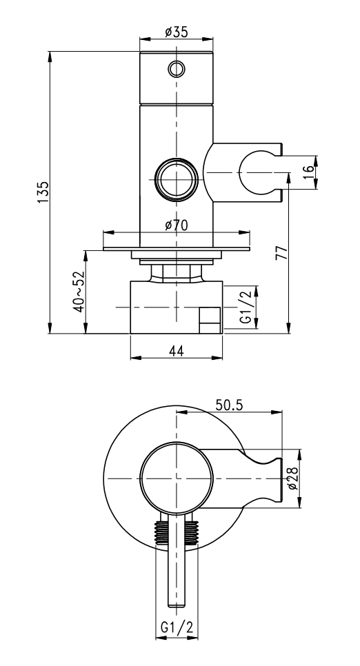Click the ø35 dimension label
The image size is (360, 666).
coord(177,32)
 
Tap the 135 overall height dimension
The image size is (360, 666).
coord(43,192)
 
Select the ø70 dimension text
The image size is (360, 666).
coord(177,225)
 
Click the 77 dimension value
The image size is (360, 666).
coord(282,252)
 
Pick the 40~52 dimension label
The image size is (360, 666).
coord(79,292)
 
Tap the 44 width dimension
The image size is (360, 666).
coord(177,351)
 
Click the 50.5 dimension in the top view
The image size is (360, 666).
coord(229,405)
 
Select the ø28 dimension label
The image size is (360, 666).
coord(293,478)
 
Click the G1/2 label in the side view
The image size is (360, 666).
coord(248,307)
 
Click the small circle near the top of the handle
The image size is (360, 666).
coord(177,69)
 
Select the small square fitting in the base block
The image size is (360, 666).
coord(210,321)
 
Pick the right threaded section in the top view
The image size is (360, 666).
coord(191,532)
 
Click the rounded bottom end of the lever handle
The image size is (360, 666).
coord(177,603)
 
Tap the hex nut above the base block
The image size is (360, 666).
coord(177,272)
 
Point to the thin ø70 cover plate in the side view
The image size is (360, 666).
coord(177,249)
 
